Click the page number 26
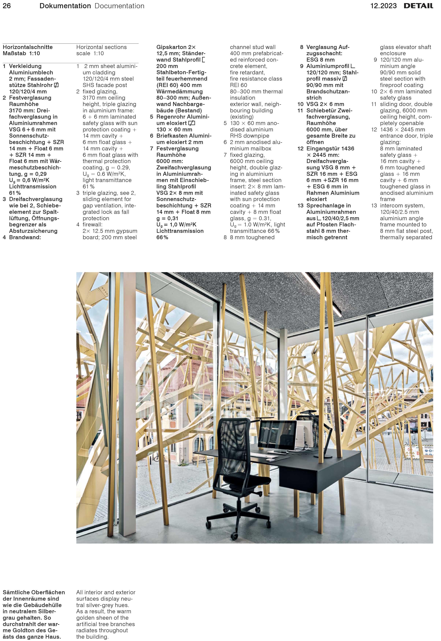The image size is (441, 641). pos(7,6)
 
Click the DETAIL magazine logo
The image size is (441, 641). pos(418,6)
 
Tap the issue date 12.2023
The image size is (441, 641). pos(383,6)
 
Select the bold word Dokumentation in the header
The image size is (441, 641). pos(65,6)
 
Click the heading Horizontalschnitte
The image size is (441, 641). pos(28,47)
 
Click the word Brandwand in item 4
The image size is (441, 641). pos(24,237)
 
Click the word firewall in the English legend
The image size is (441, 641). pos(92,225)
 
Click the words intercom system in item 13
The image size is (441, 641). pos(402,206)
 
